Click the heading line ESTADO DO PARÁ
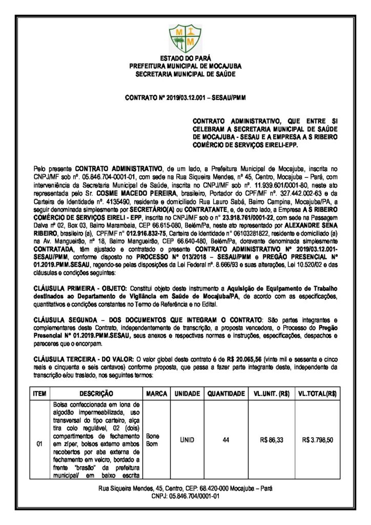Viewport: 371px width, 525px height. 185,59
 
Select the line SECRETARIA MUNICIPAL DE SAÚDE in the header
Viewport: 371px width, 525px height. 185,74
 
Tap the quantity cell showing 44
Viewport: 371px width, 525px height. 225,439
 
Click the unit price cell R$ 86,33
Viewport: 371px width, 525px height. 272,439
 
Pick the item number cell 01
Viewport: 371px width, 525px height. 39,443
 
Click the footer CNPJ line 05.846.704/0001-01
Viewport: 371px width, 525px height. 185,496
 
